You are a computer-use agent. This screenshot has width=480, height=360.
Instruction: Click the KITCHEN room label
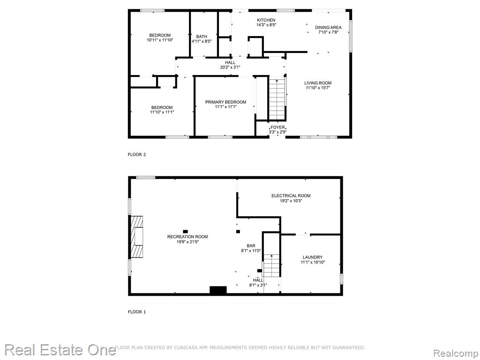(266, 20)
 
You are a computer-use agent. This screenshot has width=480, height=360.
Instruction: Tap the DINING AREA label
(328, 28)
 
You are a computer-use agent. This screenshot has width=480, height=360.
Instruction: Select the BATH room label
(202, 37)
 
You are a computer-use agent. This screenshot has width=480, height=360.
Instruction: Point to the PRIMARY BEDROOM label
(225, 102)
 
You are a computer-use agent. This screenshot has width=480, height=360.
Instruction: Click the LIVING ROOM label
(318, 83)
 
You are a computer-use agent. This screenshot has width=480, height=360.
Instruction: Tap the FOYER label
(277, 127)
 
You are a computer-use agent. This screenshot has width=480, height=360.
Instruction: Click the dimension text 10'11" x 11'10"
(160, 40)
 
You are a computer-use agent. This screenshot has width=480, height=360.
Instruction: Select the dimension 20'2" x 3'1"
(230, 67)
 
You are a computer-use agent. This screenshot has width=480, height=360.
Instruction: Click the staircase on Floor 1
(271, 265)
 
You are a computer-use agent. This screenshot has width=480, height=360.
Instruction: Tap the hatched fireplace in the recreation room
(137, 237)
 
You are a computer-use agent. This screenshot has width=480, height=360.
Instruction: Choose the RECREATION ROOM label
(187, 237)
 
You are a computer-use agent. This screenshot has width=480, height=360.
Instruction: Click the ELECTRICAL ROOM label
(291, 195)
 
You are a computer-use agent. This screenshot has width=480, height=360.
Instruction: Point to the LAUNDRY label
(313, 257)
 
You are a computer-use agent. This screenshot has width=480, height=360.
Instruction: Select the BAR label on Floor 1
(251, 246)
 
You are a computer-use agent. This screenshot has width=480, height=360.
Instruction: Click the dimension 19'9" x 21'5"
(187, 241)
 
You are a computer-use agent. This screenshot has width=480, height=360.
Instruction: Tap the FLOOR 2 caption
(136, 155)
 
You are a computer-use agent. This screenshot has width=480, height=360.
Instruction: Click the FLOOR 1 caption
(136, 312)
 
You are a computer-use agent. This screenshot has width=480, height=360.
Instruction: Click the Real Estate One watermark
(60, 350)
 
